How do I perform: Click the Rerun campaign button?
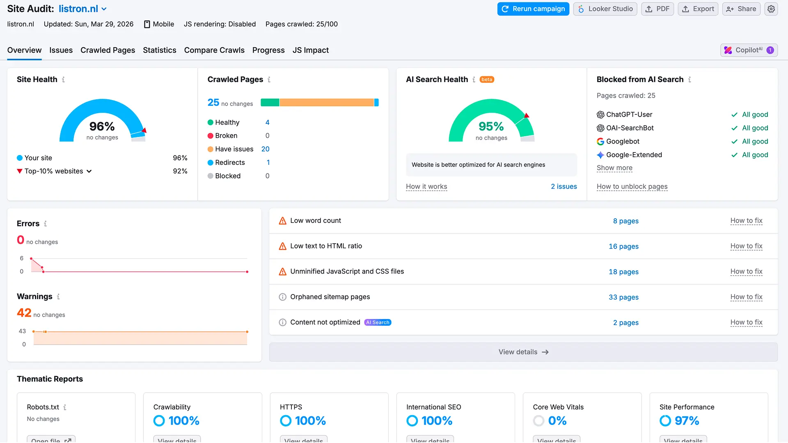click(x=533, y=9)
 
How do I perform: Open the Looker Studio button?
click(x=605, y=9)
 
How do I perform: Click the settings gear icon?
click(x=771, y=9)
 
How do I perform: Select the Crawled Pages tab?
click(x=108, y=50)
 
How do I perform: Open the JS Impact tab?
click(x=310, y=50)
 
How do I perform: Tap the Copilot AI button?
click(x=749, y=50)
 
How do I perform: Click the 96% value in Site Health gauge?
click(x=102, y=126)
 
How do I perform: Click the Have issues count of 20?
click(x=265, y=149)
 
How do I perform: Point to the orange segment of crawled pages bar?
click(x=326, y=103)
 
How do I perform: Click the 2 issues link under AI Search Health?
click(x=564, y=187)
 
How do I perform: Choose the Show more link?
click(x=614, y=168)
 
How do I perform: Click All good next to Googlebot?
click(x=754, y=142)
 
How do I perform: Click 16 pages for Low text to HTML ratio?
click(x=623, y=247)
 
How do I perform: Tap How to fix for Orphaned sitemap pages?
click(x=746, y=297)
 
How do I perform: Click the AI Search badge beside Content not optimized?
click(x=378, y=322)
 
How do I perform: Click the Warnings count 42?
click(x=24, y=313)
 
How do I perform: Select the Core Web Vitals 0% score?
click(x=557, y=421)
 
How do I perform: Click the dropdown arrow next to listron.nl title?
click(x=104, y=9)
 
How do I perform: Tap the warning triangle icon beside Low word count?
click(x=282, y=221)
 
